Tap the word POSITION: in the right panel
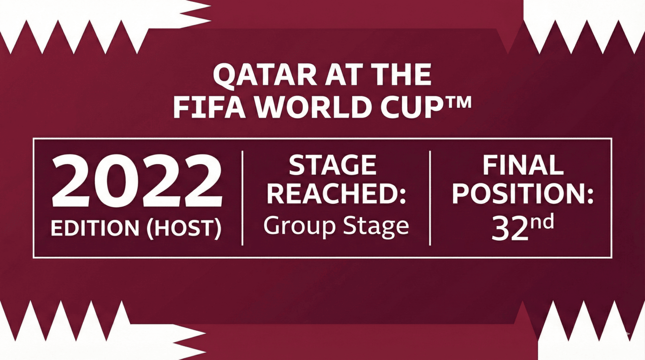coord(522,195)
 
